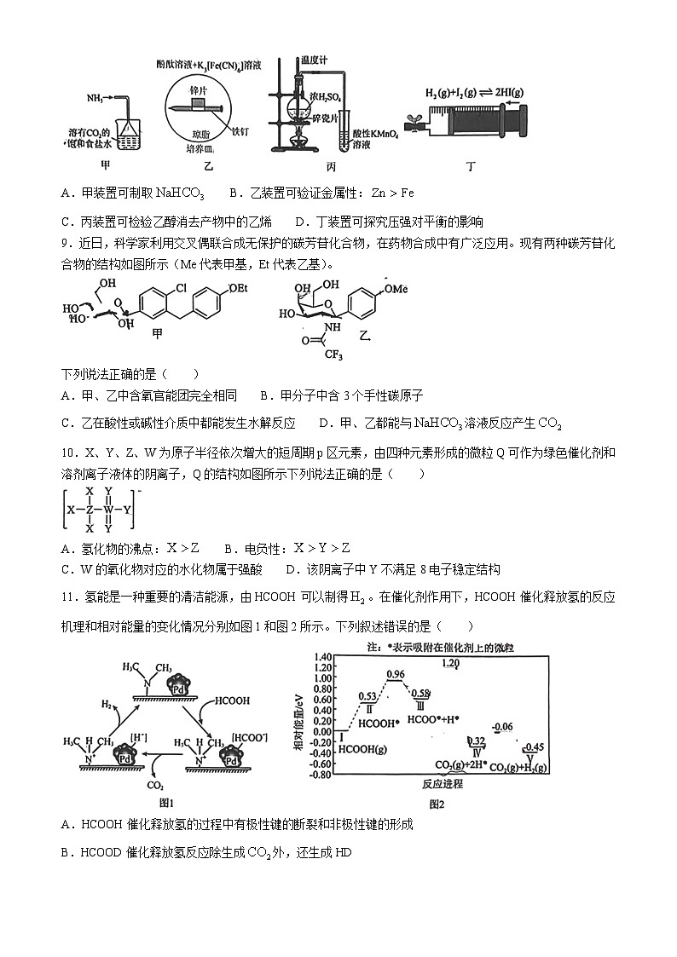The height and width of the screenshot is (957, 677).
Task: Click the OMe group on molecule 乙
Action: tap(397, 289)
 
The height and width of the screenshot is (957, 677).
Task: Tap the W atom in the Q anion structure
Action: tap(108, 510)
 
